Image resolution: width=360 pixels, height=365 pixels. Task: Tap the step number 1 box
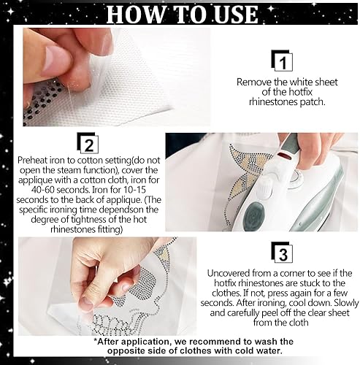click(x=282, y=61)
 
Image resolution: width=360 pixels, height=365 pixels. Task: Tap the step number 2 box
click(x=88, y=143)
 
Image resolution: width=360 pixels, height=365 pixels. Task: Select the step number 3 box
click(x=282, y=253)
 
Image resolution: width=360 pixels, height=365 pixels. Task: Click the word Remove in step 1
click(x=254, y=82)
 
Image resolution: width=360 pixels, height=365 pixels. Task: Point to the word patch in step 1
click(x=313, y=102)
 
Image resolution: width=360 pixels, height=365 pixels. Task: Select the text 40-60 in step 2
click(x=43, y=190)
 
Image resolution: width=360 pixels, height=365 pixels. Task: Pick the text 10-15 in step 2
click(x=135, y=190)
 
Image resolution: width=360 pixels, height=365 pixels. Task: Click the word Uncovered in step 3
click(x=229, y=273)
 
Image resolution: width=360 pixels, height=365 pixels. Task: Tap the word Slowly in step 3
click(x=346, y=303)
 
